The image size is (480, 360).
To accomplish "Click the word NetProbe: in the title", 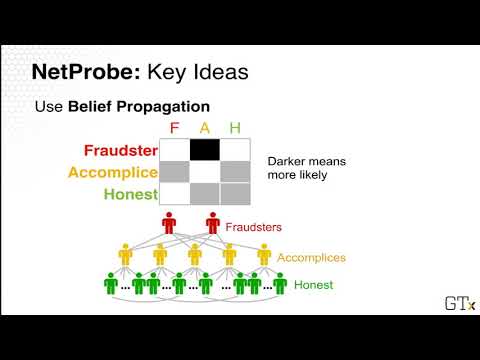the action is [86, 72].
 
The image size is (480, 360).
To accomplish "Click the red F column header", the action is [174, 128].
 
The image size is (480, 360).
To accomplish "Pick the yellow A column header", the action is [205, 128].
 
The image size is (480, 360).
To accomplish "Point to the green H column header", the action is [235, 128].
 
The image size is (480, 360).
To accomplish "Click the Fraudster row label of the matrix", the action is [121, 150].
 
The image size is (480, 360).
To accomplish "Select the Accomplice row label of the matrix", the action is [113, 173].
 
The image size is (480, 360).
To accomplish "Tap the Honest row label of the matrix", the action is [131, 194].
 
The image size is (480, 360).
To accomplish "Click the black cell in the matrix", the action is [205, 150].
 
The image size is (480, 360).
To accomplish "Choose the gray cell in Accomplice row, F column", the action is [175, 172].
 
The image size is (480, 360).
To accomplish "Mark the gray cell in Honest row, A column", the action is [205, 194].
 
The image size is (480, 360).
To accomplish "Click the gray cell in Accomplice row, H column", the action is [235, 172].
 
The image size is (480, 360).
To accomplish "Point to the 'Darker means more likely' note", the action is [307, 168].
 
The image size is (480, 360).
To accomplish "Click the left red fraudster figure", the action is [169, 223].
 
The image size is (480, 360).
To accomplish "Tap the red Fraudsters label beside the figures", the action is [254, 227].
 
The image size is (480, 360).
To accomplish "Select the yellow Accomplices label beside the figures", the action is [311, 258].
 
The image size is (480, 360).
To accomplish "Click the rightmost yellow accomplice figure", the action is [264, 255].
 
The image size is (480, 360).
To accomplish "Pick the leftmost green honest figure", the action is [111, 284].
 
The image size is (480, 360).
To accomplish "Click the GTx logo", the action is [460, 303].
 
